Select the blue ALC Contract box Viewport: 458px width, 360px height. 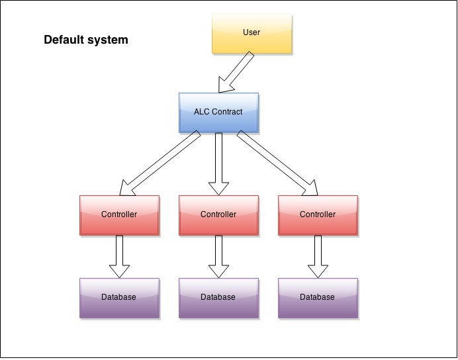pyautogui.click(x=218, y=112)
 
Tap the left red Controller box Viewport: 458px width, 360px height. pyautogui.click(x=119, y=214)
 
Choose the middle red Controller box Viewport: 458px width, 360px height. pyautogui.click(x=218, y=214)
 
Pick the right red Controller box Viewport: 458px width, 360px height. pyautogui.click(x=318, y=214)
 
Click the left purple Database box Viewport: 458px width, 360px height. pyautogui.click(x=119, y=297)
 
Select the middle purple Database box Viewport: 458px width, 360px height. pyautogui.click(x=218, y=297)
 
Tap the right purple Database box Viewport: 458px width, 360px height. pyautogui.click(x=318, y=297)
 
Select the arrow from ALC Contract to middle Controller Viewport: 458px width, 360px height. pyautogui.click(x=218, y=163)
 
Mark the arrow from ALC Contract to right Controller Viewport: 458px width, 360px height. pyautogui.click(x=277, y=164)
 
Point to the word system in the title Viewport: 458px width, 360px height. pyautogui.click(x=109, y=40)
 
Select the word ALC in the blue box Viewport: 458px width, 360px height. pyautogui.click(x=202, y=112)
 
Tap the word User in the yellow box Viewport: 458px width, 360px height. pyautogui.click(x=251, y=32)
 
